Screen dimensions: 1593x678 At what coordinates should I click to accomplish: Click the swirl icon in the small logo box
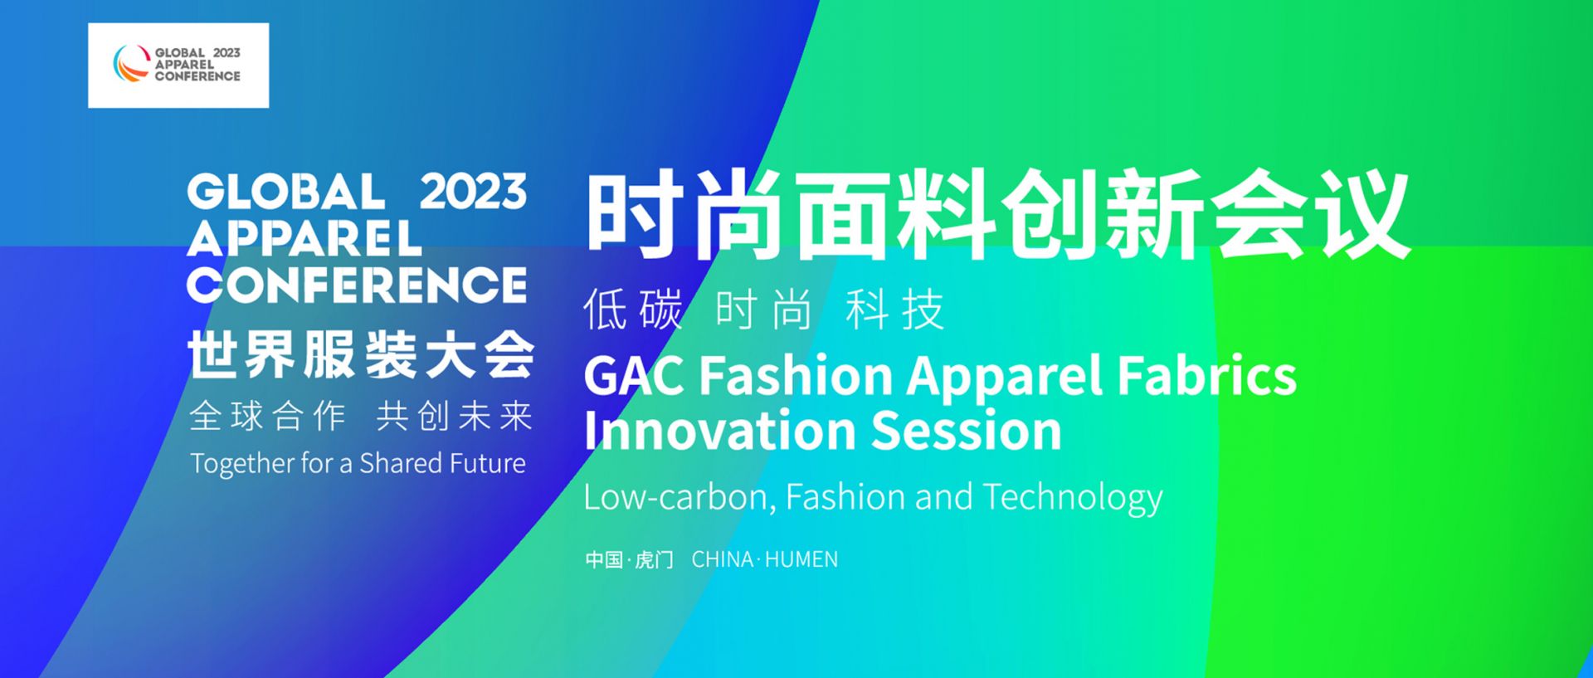(130, 64)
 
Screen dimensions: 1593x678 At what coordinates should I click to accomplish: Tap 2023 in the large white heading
(473, 192)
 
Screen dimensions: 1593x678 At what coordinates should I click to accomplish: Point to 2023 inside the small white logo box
(227, 52)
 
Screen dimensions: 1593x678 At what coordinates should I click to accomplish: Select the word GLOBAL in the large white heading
(286, 192)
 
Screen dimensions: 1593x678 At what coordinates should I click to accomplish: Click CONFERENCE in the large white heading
(357, 285)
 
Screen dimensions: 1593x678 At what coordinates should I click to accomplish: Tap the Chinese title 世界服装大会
(361, 354)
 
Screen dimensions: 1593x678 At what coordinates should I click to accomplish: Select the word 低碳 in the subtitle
(633, 310)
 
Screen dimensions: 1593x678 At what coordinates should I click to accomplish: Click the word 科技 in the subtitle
(895, 310)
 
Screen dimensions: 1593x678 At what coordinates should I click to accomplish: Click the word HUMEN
(801, 560)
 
